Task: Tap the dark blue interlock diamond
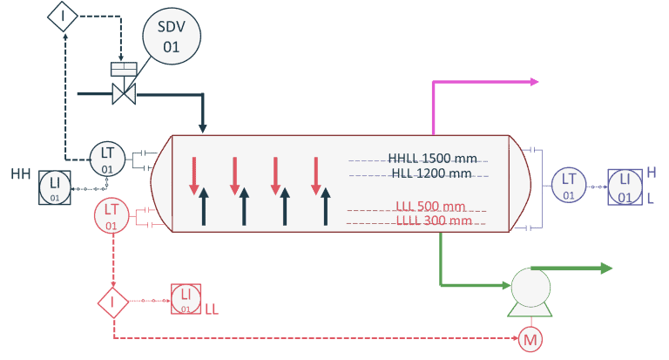coord(62,16)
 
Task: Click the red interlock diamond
coord(113,302)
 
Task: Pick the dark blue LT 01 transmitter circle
coord(107,157)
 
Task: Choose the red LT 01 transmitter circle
coord(111,214)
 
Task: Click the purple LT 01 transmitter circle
coord(568,185)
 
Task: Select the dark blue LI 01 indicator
coord(55,187)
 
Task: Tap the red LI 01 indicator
coord(185,300)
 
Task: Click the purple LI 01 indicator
coord(625,187)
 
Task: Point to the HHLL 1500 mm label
coord(432,158)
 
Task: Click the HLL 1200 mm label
coord(431,173)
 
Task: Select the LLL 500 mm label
coord(430,207)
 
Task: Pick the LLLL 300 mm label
coord(433,221)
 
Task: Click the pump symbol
coord(531,290)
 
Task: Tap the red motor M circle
coord(530,338)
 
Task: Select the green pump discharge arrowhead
coord(605,268)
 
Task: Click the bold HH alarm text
coord(21,174)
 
